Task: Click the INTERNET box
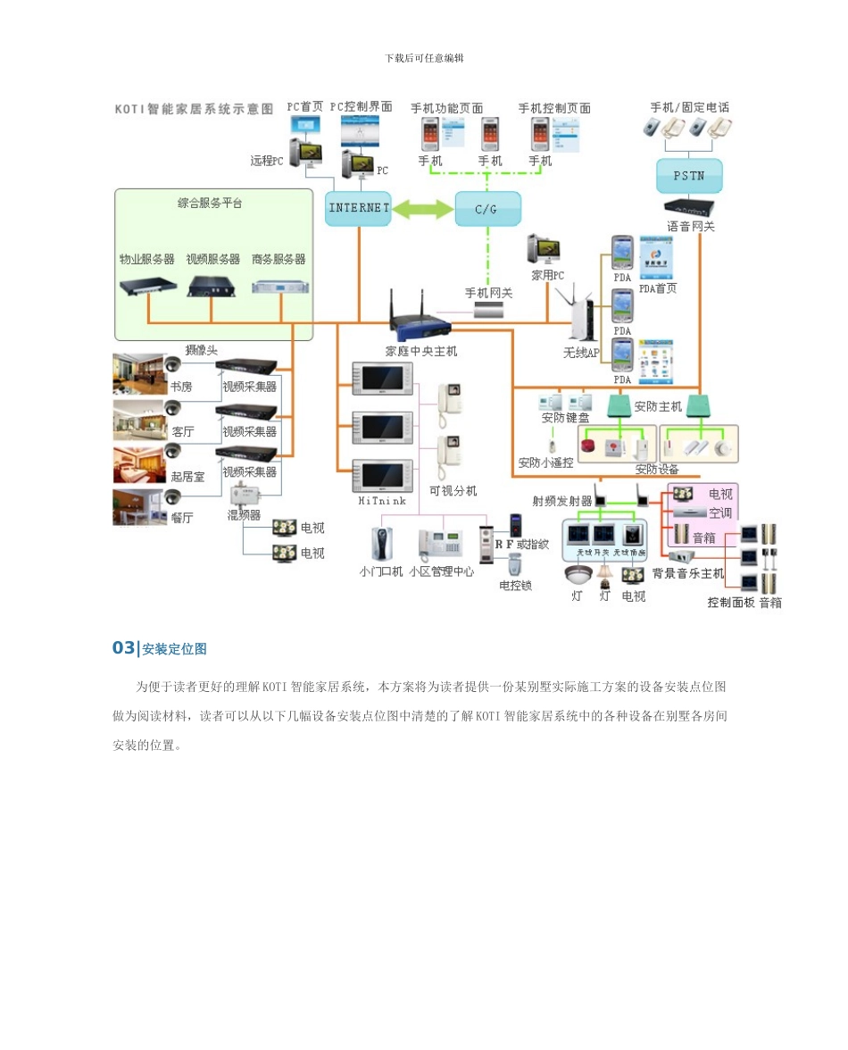coord(359,208)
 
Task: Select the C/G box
coord(488,208)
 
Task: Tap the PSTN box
coord(688,176)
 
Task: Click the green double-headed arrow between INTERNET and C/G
coord(423,209)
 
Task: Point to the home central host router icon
coord(419,316)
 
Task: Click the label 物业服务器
coord(146,259)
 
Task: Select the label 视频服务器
coord(212,259)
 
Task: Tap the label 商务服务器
coord(278,259)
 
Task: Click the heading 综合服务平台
coord(211,203)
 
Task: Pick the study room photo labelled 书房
coord(139,373)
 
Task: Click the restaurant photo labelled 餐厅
coord(139,506)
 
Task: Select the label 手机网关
coord(488,293)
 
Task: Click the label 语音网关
coord(690,227)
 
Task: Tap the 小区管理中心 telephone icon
coord(438,544)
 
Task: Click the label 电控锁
coord(515,586)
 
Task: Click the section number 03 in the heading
coord(122,648)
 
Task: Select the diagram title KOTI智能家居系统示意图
coord(194,109)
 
